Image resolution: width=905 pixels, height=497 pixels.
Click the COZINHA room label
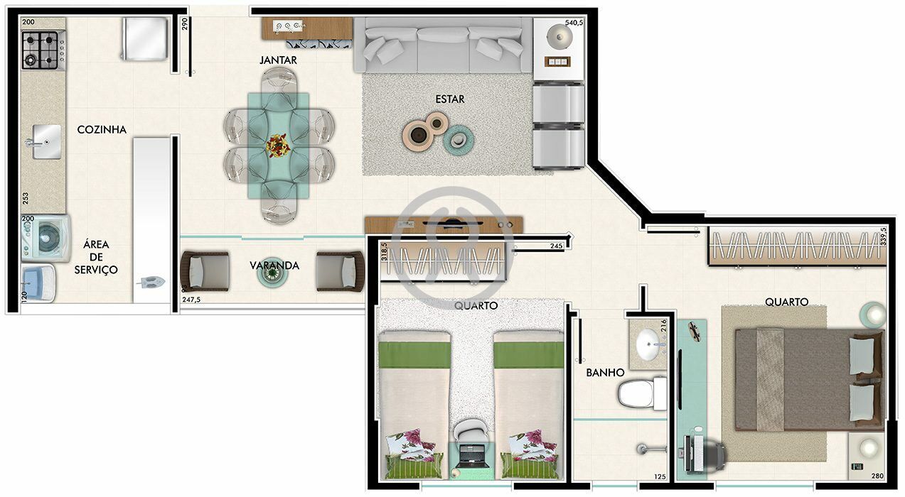[x=102, y=129]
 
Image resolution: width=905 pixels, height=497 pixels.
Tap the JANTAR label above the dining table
[x=278, y=60]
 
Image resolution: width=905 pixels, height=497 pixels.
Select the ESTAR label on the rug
[x=450, y=99]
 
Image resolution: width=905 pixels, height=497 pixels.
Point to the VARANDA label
[x=274, y=266]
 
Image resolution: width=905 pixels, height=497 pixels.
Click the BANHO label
[x=605, y=372]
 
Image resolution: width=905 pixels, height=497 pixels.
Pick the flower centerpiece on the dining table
[x=278, y=147]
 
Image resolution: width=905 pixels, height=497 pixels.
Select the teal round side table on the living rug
[x=457, y=140]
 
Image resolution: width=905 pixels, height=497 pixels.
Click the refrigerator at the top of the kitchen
[x=144, y=39]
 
